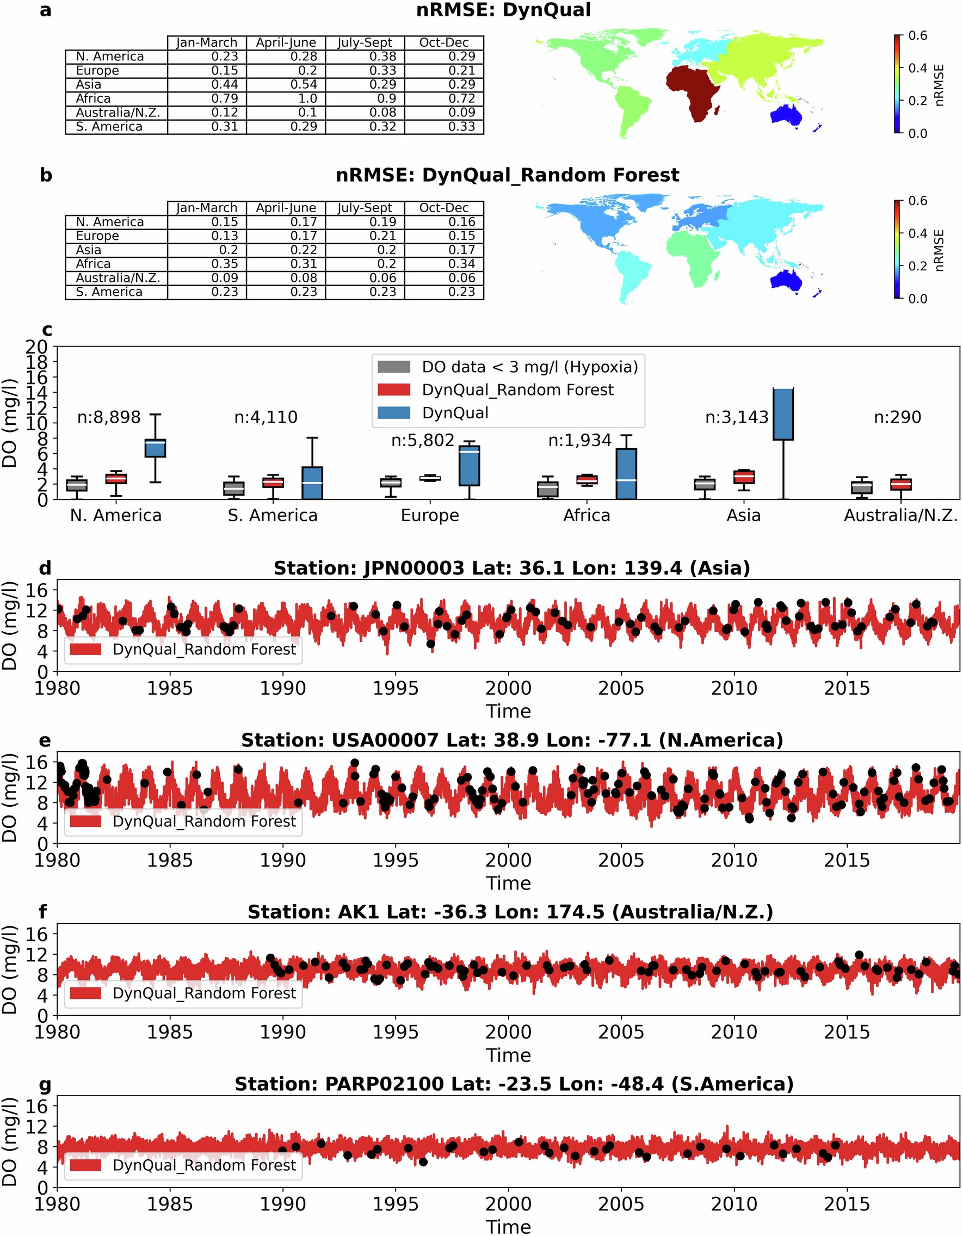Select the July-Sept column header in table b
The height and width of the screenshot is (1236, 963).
coord(365,208)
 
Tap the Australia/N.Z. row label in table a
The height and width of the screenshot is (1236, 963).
coord(118,113)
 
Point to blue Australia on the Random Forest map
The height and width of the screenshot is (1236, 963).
coord(788,280)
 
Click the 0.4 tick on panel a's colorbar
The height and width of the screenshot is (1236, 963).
coord(918,68)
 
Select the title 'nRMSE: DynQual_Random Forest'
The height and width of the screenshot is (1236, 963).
coord(507,175)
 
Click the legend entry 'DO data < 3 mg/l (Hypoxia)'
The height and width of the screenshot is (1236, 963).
coord(529,367)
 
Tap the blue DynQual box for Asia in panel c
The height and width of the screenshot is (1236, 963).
coord(783,413)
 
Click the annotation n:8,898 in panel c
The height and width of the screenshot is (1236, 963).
coord(109,418)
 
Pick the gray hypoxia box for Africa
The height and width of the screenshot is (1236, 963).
coord(547,490)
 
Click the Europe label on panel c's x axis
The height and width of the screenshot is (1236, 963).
coord(430,516)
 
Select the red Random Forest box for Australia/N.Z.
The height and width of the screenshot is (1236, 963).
coord(901,484)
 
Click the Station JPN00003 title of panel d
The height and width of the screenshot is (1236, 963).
coord(512,568)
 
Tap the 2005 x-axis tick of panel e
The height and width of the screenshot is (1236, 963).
coord(621,860)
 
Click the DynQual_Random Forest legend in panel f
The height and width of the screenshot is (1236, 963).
coord(183,993)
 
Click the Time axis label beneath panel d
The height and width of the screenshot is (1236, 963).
coord(508,712)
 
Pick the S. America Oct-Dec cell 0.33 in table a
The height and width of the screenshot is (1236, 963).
coord(445,127)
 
